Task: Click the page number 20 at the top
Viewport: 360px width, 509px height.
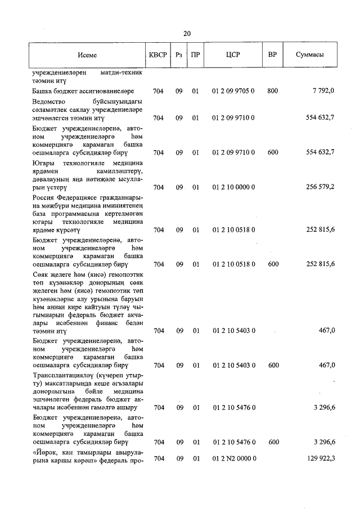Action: (187, 34)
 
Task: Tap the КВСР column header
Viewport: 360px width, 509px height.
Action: (157, 55)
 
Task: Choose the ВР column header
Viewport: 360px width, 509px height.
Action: (273, 55)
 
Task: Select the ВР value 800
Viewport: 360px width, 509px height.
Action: (273, 91)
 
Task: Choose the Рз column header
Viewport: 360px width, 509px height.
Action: (179, 55)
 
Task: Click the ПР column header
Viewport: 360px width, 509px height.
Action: (195, 55)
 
